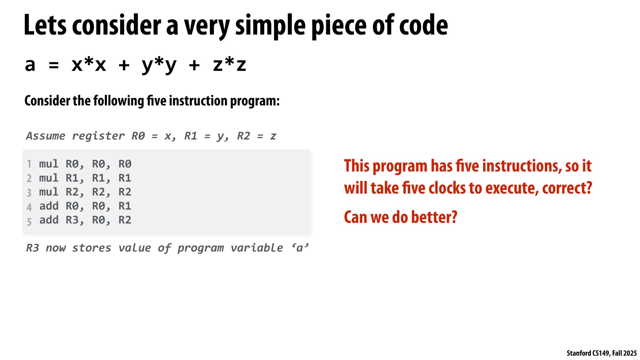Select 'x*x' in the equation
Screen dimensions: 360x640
[89, 64]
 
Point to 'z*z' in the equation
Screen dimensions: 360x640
[230, 64]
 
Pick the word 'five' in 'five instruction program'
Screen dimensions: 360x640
[157, 101]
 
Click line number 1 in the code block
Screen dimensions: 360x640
[29, 164]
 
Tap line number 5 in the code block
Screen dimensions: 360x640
[29, 222]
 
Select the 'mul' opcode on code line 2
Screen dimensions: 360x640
[49, 178]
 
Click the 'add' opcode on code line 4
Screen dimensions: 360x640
[49, 206]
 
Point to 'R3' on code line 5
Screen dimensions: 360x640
[72, 220]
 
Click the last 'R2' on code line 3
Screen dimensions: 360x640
[125, 192]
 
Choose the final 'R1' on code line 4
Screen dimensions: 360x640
[125, 206]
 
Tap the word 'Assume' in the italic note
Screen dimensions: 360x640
[46, 136]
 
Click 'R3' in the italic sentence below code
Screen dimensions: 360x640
[32, 248]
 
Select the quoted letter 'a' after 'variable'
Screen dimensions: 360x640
[299, 248]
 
